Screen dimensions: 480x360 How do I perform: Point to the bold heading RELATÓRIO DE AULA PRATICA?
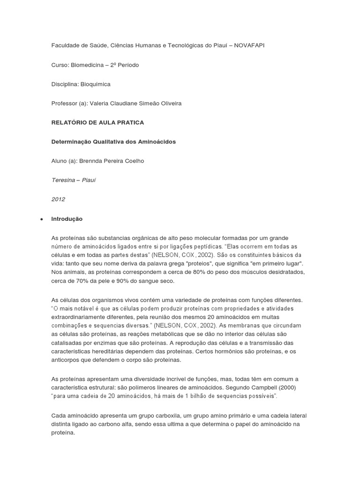pos(97,122)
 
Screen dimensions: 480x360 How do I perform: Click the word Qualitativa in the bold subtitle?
pos(110,142)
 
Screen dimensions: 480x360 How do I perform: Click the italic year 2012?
pos(58,199)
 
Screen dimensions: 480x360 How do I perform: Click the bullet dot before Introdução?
pos(42,219)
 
